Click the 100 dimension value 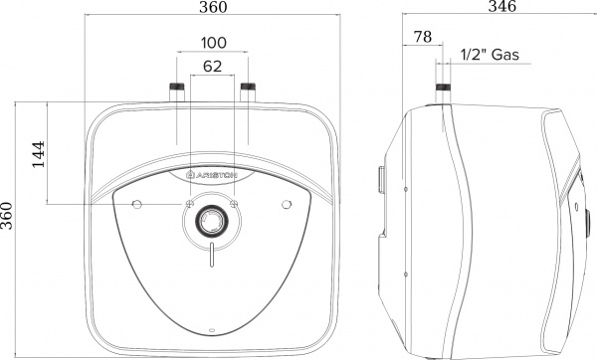click(213, 43)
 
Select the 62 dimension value click(213, 67)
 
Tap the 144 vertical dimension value click(39, 154)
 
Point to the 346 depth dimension click(502, 6)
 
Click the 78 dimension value click(423, 37)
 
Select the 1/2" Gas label click(490, 55)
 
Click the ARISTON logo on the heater click(212, 175)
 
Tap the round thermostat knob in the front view click(212, 221)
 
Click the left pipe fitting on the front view click(177, 91)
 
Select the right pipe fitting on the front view click(248, 91)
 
